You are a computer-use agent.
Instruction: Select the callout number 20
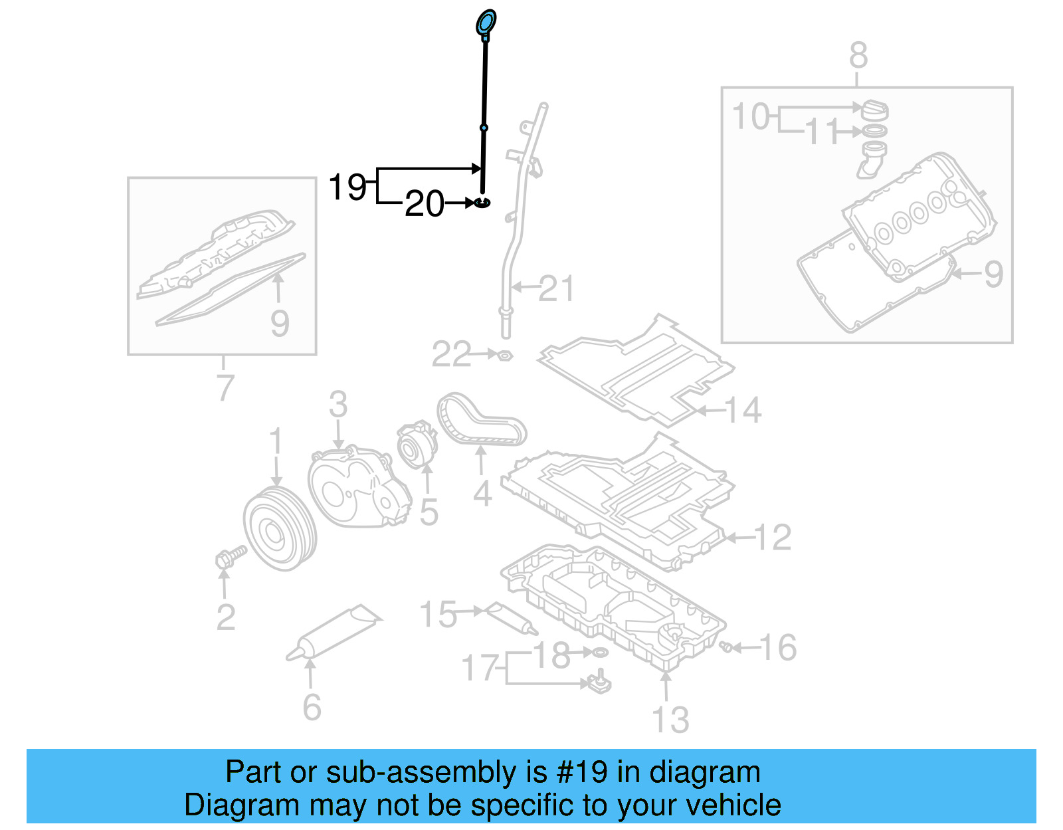425,203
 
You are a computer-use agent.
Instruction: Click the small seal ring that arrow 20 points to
483,201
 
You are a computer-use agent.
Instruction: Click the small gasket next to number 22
505,356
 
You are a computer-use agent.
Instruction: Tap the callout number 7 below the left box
226,387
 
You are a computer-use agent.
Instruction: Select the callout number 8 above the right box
858,56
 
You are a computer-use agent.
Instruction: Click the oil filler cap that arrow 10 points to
874,110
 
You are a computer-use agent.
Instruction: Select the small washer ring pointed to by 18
599,653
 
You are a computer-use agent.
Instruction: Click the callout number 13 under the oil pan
670,720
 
